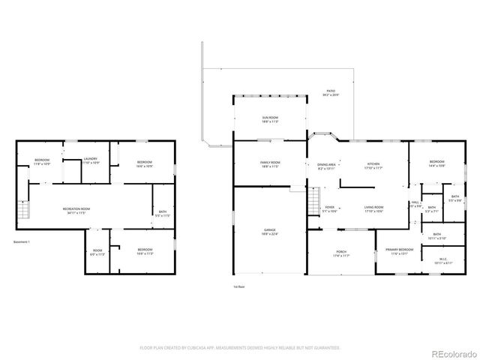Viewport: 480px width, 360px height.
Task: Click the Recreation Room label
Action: [76, 210]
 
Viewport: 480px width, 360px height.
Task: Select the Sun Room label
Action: [270, 119]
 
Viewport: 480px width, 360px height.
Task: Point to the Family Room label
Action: [270, 164]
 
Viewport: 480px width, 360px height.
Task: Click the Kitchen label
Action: [373, 166]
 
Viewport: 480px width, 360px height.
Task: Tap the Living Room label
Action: [373, 208]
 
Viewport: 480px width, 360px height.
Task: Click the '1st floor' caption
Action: [239, 286]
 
